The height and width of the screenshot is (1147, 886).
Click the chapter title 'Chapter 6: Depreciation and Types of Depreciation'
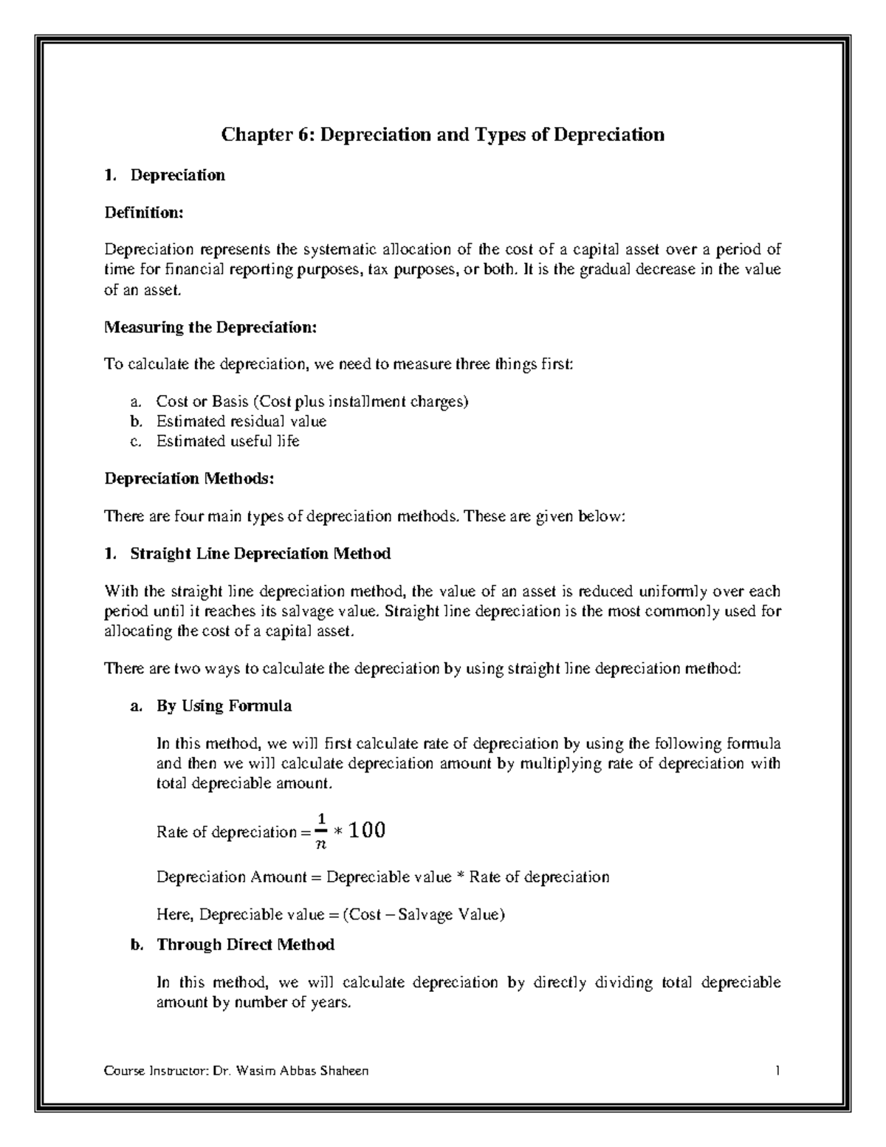(x=443, y=135)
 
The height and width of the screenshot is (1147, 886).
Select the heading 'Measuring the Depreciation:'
(x=210, y=327)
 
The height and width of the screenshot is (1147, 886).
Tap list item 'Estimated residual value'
(x=241, y=421)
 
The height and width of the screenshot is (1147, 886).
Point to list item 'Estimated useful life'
(x=227, y=441)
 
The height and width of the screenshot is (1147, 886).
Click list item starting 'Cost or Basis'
(x=312, y=402)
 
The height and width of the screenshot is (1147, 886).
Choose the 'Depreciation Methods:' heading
(x=189, y=479)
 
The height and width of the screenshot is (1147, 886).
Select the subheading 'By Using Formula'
(x=224, y=705)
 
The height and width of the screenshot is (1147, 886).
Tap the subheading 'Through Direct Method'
(x=245, y=945)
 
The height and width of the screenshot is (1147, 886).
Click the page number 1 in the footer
(x=777, y=1071)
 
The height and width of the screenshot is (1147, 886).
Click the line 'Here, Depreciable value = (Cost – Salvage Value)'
(x=331, y=914)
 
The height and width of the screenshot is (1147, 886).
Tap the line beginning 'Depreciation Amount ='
(x=382, y=877)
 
